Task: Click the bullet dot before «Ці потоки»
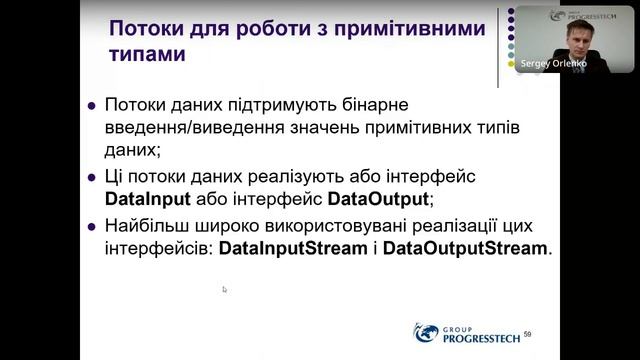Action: coord(91,175)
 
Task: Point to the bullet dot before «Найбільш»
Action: coord(91,224)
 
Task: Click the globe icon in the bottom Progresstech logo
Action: coord(426,332)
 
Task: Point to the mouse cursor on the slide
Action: coord(225,290)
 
